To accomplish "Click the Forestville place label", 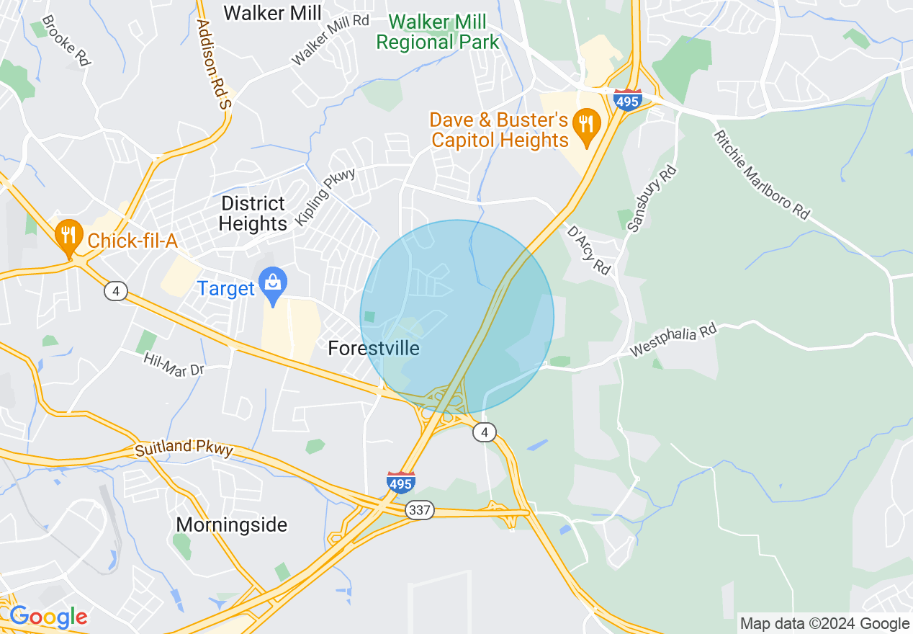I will pyautogui.click(x=373, y=349).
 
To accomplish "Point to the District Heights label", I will pyautogui.click(x=253, y=213).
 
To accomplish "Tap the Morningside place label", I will pyautogui.click(x=232, y=524).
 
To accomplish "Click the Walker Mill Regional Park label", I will pyautogui.click(x=437, y=32).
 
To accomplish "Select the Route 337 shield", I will pyautogui.click(x=419, y=510).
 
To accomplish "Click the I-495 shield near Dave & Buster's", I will pyautogui.click(x=628, y=99).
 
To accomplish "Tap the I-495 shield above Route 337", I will pyautogui.click(x=400, y=481).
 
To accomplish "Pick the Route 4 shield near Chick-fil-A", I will pyautogui.click(x=115, y=291).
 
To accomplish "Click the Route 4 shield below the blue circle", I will pyautogui.click(x=485, y=432).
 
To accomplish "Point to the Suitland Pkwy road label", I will pyautogui.click(x=184, y=448).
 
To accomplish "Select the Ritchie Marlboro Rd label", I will pyautogui.click(x=761, y=174).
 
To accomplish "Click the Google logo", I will pyautogui.click(x=48, y=616).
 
